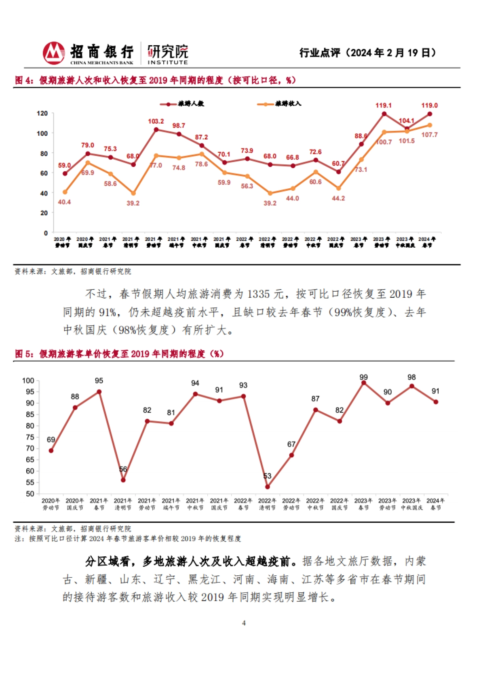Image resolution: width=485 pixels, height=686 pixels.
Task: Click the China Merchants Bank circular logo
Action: [x=54, y=53]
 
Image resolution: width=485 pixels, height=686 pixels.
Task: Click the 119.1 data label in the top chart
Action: [x=383, y=105]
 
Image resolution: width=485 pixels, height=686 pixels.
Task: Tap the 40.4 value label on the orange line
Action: [x=64, y=202]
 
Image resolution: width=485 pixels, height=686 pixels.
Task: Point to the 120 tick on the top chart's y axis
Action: [x=42, y=114]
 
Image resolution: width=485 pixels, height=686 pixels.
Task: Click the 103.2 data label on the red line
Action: [x=156, y=121]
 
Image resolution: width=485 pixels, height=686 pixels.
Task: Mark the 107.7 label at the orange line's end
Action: [x=429, y=135]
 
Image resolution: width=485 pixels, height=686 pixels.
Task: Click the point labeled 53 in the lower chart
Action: [x=267, y=487]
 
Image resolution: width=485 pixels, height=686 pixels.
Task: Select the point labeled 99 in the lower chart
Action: [x=363, y=383]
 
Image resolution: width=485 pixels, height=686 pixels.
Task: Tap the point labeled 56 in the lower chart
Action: [x=123, y=480]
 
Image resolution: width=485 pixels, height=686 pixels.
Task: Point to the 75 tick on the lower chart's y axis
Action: [x=30, y=437]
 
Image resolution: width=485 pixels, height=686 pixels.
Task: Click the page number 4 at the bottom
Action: [x=244, y=623]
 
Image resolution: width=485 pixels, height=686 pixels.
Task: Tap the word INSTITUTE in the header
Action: [x=167, y=63]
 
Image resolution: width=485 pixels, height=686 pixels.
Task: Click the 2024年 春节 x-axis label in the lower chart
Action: [x=435, y=504]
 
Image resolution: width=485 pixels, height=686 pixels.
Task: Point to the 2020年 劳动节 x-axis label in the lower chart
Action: [x=51, y=504]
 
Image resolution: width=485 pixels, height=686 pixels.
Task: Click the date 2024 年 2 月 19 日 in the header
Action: [x=390, y=53]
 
